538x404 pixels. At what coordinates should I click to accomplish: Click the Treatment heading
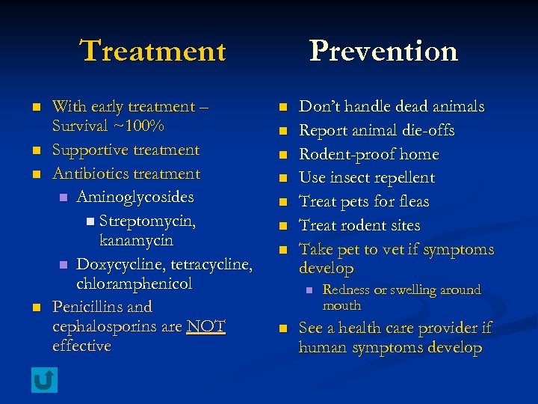point(152,51)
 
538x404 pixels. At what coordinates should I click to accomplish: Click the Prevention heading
point(383,51)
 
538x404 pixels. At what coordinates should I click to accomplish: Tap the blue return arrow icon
point(44,380)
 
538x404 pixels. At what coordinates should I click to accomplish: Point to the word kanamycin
point(136,241)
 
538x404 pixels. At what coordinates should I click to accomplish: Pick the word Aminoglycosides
point(135,198)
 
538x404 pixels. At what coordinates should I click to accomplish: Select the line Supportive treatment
point(126,150)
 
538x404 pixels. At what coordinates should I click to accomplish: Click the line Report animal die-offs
point(377,130)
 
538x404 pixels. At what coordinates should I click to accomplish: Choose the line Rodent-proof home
point(368,154)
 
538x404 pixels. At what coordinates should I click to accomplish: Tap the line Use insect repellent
point(366,178)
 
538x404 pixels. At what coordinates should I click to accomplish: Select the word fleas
point(415,202)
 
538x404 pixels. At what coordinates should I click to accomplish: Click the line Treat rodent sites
point(359,225)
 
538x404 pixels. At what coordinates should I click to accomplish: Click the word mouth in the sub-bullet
point(341,305)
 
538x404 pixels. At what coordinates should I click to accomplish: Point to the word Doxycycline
point(122,265)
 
